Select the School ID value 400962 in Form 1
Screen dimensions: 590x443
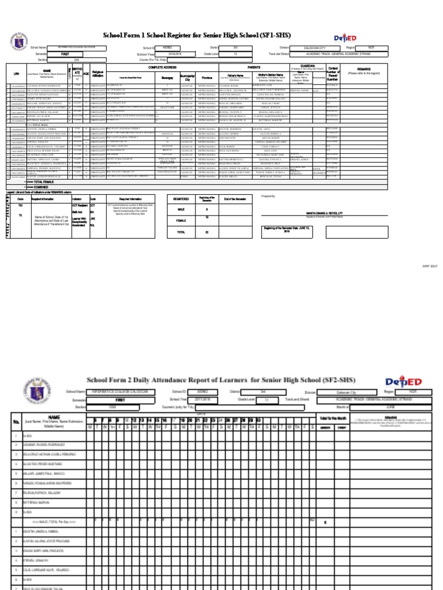click(x=167, y=48)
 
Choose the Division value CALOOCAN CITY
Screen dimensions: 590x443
click(x=314, y=48)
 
